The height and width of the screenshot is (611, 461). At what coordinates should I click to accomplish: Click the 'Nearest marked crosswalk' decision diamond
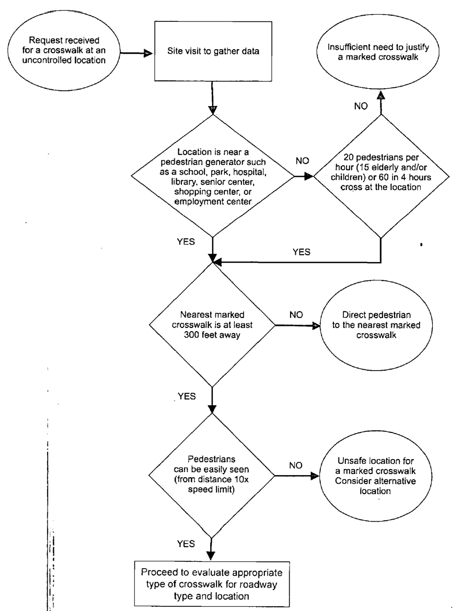pyautogui.click(x=213, y=325)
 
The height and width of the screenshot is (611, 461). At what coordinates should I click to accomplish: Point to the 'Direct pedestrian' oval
pyautogui.click(x=372, y=325)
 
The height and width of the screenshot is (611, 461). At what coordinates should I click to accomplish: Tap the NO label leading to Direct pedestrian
pyautogui.click(x=296, y=315)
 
